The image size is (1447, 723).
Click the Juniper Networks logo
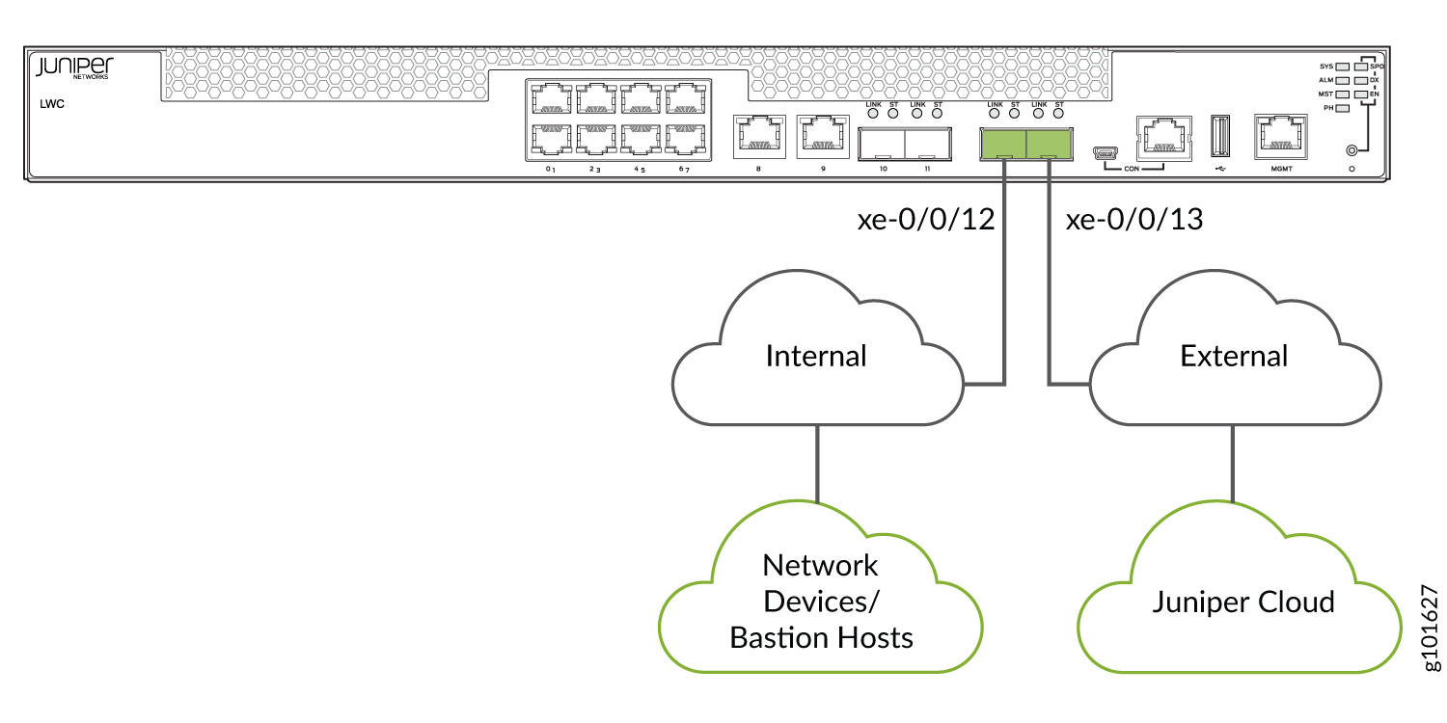[x=74, y=67]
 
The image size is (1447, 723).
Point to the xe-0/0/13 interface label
[x=1133, y=221]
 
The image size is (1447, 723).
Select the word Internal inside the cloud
[x=816, y=356]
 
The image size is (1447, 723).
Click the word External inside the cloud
[x=1234, y=356]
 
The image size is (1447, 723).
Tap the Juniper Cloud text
[x=1243, y=602]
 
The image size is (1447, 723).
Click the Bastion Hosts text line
[x=821, y=637]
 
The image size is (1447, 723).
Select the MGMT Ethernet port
[x=1280, y=136]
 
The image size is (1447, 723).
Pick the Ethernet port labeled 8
[x=758, y=136]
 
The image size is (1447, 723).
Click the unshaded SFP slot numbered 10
[x=881, y=144]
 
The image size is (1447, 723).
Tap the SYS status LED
[x=1342, y=67]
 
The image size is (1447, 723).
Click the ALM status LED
[x=1342, y=80]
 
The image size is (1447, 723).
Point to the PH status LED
[x=1342, y=108]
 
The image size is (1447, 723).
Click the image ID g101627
[x=1431, y=628]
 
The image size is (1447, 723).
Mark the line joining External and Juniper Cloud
[x=1233, y=463]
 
